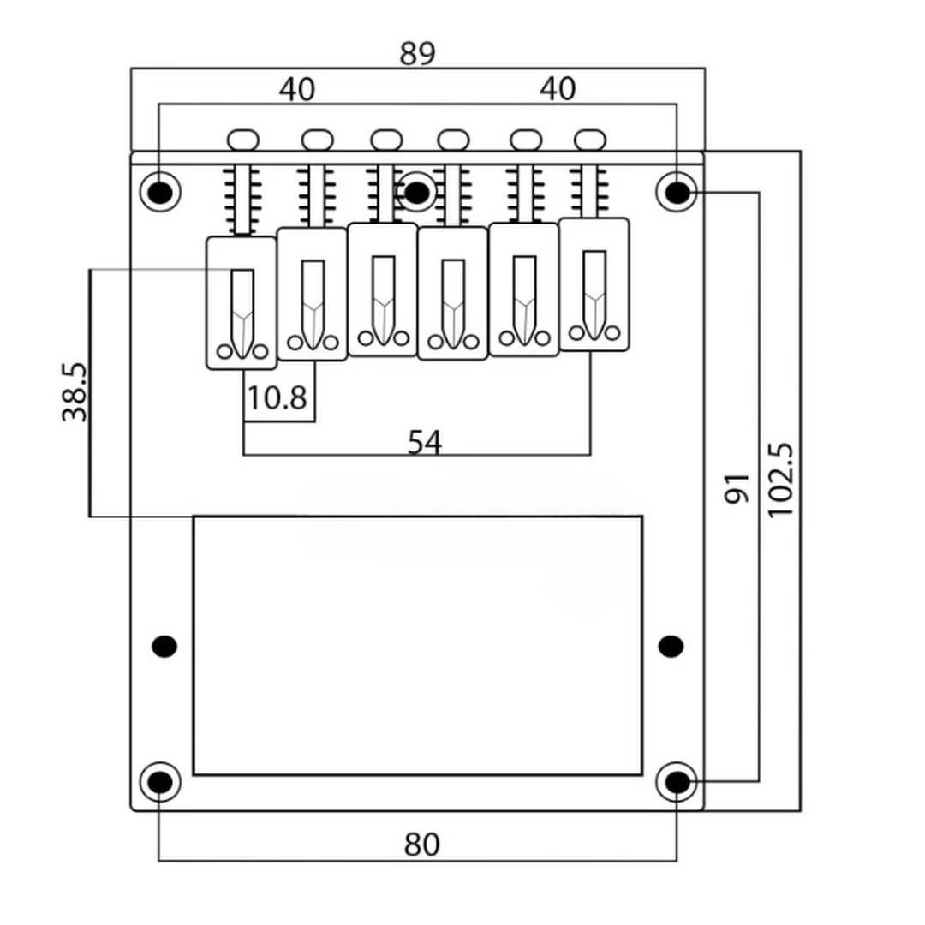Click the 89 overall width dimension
[417, 53]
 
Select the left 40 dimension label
[296, 90]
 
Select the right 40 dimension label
[558, 89]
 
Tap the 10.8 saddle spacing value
[277, 398]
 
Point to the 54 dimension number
[425, 443]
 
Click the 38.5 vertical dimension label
[75, 391]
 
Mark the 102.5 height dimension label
[781, 480]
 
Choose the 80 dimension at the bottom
[421, 845]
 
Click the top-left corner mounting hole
[159, 191]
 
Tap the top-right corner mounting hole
[677, 192]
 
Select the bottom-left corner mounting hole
[159, 782]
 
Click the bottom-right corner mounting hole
[677, 782]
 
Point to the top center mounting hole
[416, 192]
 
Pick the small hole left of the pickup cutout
[164, 646]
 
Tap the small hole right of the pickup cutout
[671, 646]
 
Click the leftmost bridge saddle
[242, 303]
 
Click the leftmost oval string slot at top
[243, 139]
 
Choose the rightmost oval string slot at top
[590, 139]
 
